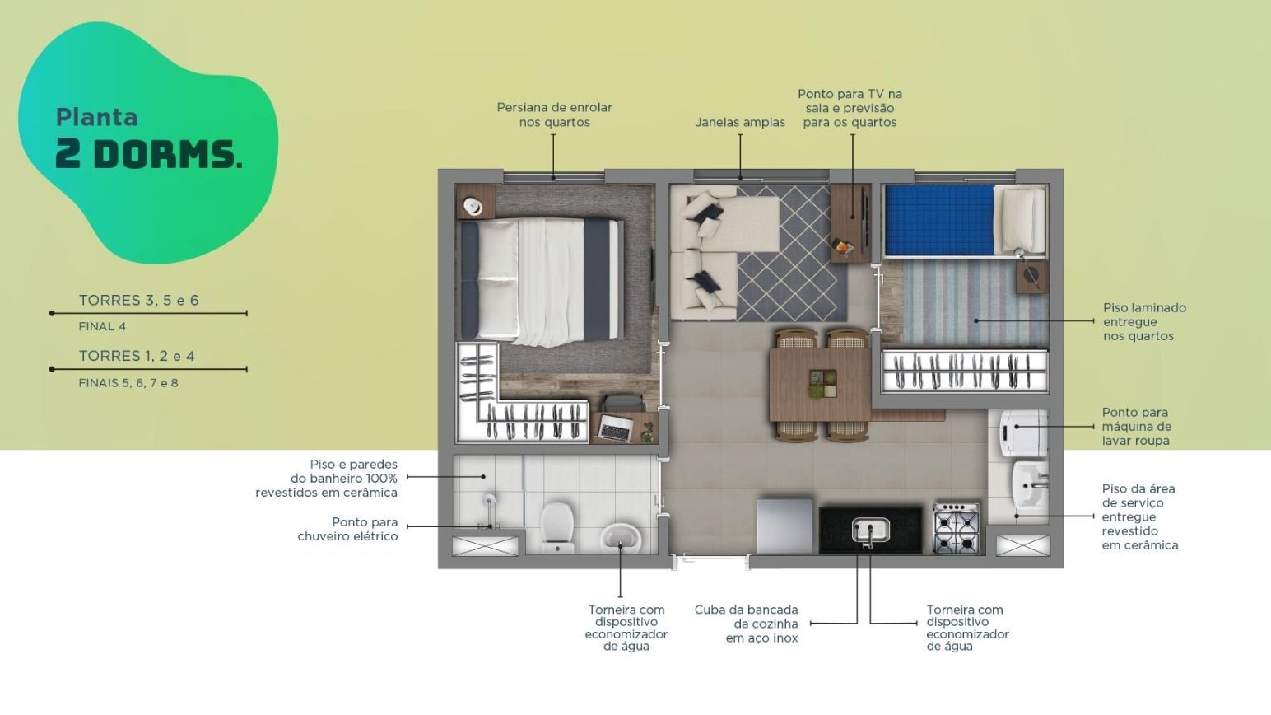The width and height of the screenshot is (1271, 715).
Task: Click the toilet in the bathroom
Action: click(556, 527)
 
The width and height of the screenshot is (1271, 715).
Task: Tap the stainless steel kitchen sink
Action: click(870, 530)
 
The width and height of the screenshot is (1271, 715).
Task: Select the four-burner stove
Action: click(956, 528)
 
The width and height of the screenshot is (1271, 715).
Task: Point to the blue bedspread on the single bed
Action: click(939, 220)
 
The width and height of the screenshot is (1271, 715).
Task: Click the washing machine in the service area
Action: click(1023, 433)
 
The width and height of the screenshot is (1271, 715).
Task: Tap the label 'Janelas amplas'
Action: click(740, 122)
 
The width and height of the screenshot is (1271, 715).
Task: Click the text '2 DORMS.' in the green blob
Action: click(149, 154)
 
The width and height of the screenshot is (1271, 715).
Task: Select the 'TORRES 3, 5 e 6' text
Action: click(138, 300)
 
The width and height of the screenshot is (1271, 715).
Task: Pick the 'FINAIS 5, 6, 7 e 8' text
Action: click(128, 383)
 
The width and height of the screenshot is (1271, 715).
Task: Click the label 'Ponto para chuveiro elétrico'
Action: click(347, 529)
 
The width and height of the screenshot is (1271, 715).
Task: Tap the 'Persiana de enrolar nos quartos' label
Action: click(554, 114)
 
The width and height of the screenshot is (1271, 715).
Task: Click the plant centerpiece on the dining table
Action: click(822, 384)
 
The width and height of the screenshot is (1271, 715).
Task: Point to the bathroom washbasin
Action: click(620, 538)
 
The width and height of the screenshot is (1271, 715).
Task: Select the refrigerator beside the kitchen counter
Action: click(784, 526)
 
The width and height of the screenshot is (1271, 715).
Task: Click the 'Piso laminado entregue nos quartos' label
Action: click(1144, 321)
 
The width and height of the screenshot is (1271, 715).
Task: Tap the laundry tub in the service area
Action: click(1030, 484)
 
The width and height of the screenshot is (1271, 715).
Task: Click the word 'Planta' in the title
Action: click(96, 117)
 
